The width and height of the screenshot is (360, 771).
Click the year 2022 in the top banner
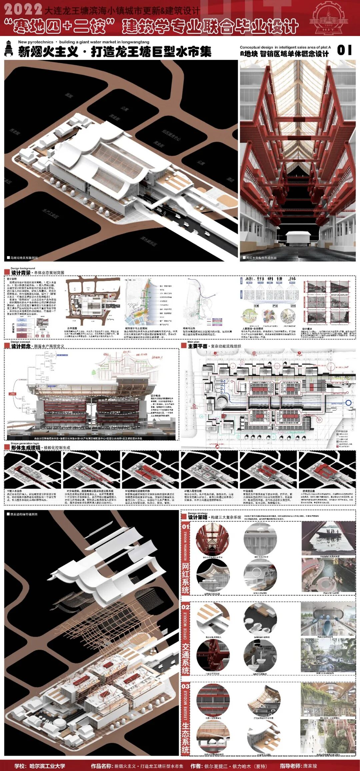(x=23, y=9)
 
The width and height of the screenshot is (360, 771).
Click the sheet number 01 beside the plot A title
(x=344, y=50)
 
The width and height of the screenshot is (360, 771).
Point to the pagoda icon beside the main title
(x=9, y=48)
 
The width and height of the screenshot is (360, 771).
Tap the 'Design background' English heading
(x=23, y=268)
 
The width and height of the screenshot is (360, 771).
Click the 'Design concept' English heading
(x=20, y=342)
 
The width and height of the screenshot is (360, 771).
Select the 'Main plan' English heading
(x=193, y=342)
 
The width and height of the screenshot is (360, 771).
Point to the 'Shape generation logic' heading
(x=25, y=443)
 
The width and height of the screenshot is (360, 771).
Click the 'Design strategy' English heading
(x=197, y=513)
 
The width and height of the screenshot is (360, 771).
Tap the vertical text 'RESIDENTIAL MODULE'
(x=186, y=546)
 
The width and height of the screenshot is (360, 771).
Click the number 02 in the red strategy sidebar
(x=185, y=607)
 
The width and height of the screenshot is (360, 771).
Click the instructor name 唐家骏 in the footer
(x=310, y=766)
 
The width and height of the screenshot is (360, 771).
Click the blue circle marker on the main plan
(x=348, y=403)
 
